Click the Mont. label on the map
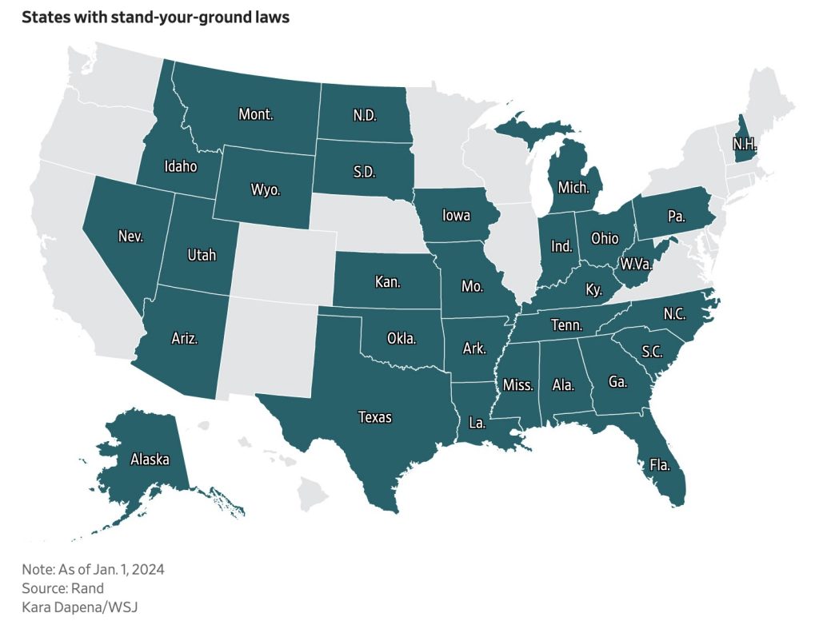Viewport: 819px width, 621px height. (256, 114)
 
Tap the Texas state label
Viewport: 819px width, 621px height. (375, 416)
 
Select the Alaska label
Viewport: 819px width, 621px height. (150, 460)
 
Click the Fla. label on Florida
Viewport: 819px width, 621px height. (660, 464)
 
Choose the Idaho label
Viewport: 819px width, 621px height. (180, 167)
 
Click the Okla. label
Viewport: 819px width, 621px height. (401, 338)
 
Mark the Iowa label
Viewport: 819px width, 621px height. (455, 216)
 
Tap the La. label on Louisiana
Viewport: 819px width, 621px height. (477, 424)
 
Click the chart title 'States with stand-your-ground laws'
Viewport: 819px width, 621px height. (155, 18)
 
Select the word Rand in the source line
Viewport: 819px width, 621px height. (89, 588)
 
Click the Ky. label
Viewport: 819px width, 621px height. (593, 289)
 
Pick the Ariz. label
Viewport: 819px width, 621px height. (184, 338)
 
